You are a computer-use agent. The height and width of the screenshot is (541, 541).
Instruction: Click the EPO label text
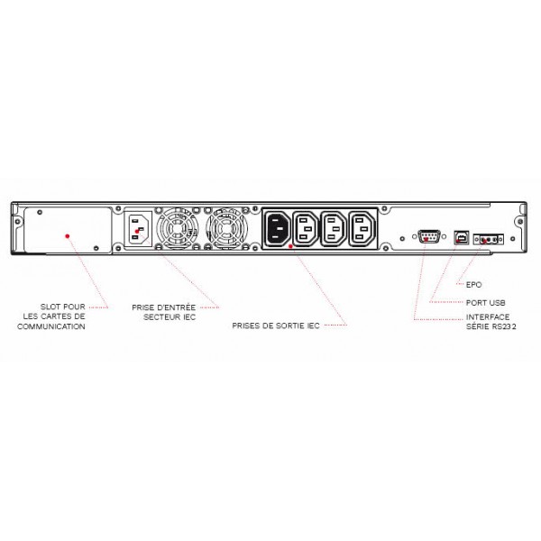click(x=473, y=285)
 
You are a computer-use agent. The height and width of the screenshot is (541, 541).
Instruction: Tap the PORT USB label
click(x=485, y=303)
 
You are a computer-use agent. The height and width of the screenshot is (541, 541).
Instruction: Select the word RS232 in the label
click(x=503, y=326)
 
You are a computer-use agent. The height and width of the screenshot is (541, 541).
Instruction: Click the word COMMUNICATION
click(x=51, y=326)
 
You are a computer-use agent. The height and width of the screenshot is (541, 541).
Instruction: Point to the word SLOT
click(x=50, y=307)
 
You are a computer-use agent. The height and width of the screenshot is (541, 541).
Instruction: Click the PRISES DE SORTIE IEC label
click(x=276, y=326)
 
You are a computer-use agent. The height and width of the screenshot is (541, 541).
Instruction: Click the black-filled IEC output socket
click(x=277, y=228)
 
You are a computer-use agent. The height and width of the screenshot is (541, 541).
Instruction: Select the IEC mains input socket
click(x=138, y=229)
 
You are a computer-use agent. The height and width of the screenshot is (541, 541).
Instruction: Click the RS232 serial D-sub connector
click(x=428, y=236)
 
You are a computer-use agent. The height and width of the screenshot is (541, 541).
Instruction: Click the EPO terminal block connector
click(x=488, y=240)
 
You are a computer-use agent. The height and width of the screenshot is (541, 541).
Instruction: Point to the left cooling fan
click(x=177, y=228)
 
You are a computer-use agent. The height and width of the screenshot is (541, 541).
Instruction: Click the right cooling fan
click(x=226, y=228)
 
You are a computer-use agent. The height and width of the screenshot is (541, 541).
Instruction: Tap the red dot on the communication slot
click(x=68, y=236)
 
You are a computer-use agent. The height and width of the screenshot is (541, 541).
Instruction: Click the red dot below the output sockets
click(x=291, y=246)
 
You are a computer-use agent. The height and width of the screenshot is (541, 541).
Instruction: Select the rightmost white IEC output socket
click(x=362, y=228)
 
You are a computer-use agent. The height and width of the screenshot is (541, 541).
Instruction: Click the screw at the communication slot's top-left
click(x=40, y=212)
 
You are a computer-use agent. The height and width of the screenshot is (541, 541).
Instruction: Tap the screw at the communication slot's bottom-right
click(x=96, y=248)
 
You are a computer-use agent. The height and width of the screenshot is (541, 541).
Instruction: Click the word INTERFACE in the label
click(x=488, y=317)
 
